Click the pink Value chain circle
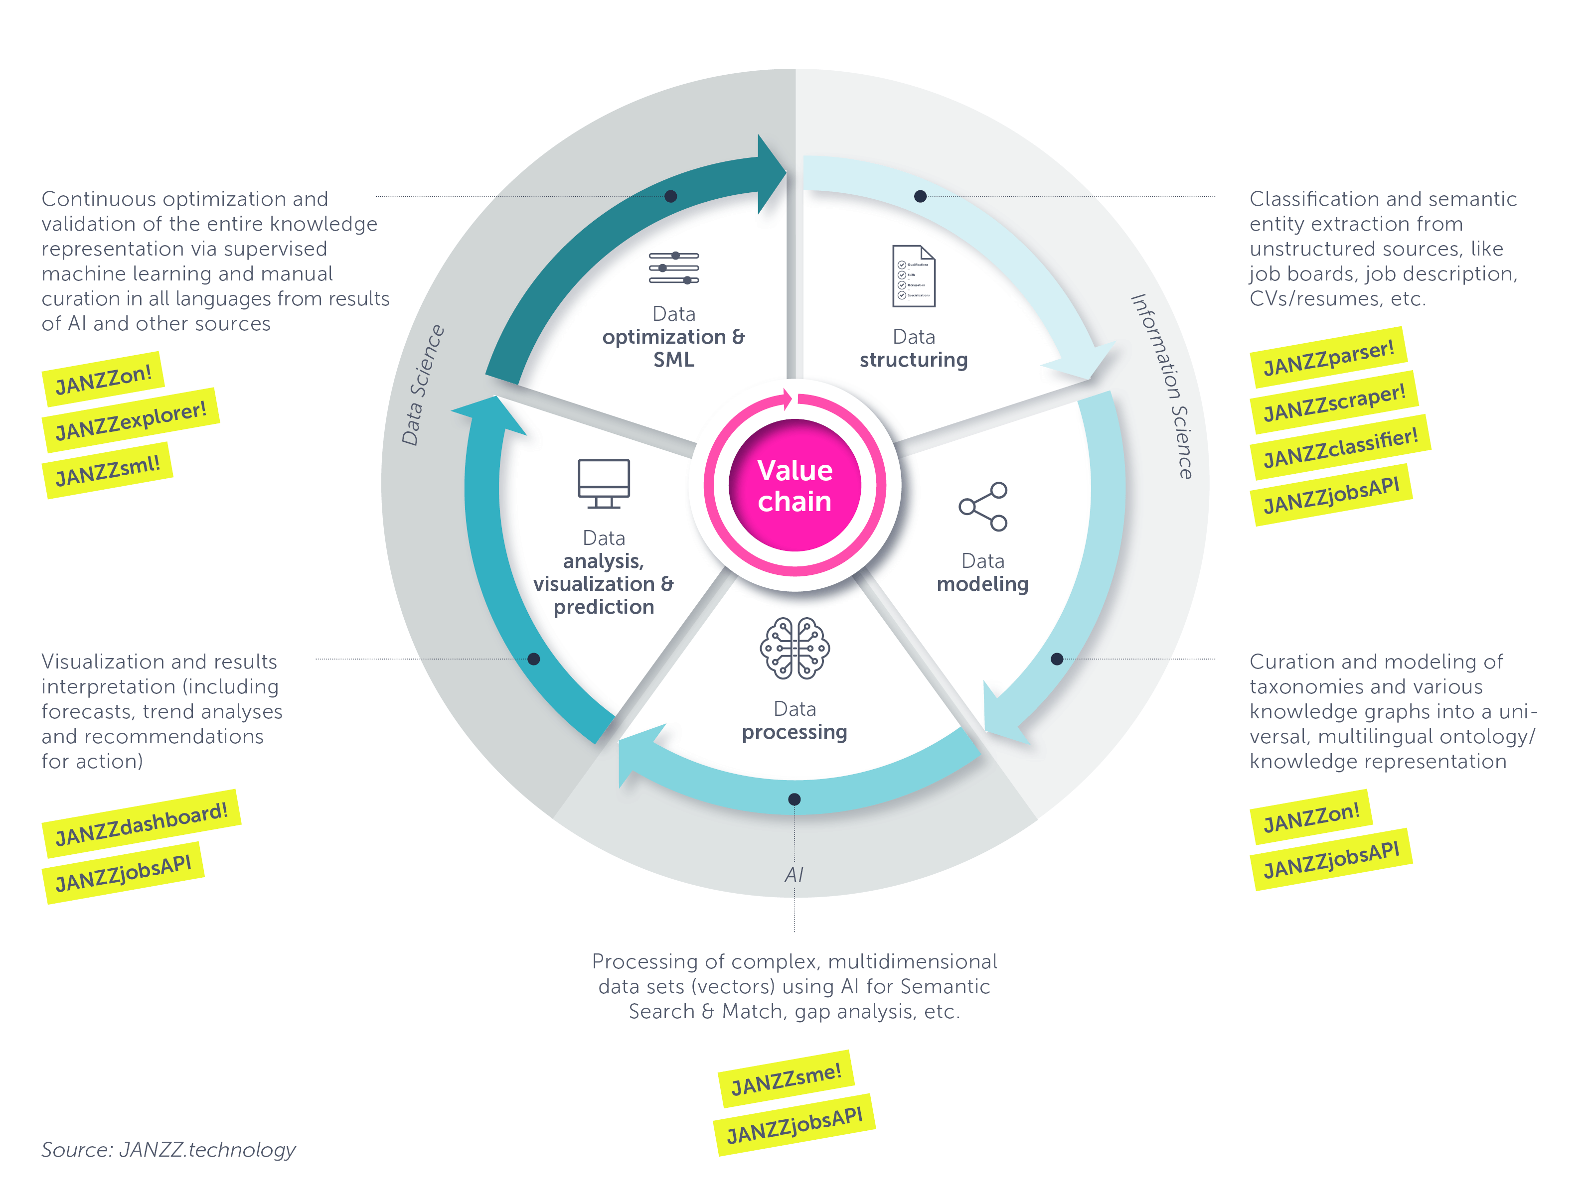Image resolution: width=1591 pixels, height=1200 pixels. click(x=795, y=485)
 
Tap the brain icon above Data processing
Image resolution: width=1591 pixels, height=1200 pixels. click(x=795, y=648)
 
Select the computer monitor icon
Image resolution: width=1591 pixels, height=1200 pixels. click(x=604, y=483)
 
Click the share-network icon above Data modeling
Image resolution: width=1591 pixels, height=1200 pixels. click(x=982, y=507)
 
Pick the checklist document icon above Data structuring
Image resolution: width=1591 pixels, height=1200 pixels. click(x=914, y=276)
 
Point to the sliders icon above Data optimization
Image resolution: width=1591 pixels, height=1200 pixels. click(x=674, y=268)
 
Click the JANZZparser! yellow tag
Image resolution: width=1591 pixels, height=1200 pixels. click(x=1328, y=357)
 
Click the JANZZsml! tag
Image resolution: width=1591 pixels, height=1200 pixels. click(x=108, y=470)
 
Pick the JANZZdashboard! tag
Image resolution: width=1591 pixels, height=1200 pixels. click(x=142, y=824)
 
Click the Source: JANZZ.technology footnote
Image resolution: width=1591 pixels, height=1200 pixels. click(x=168, y=1150)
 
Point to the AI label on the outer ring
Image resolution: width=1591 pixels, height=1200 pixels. click(x=794, y=875)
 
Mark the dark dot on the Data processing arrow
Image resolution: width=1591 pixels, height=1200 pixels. click(x=794, y=800)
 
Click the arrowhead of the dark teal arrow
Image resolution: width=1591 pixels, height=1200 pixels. click(x=772, y=174)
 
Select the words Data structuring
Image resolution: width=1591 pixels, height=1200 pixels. click(x=914, y=348)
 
